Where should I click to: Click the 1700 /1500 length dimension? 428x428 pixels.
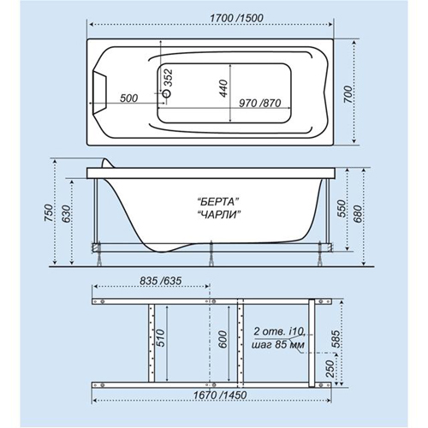[236, 18]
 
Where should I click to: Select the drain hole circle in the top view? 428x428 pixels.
[166, 93]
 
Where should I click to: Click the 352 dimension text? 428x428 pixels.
[169, 78]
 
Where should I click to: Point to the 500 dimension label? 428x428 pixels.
[128, 98]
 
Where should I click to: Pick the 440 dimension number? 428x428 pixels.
[223, 88]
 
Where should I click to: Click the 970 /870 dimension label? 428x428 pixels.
[260, 103]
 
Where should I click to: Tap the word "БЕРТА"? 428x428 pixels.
[218, 202]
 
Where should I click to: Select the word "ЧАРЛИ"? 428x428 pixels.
[218, 215]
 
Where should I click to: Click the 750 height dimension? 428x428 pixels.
[49, 213]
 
